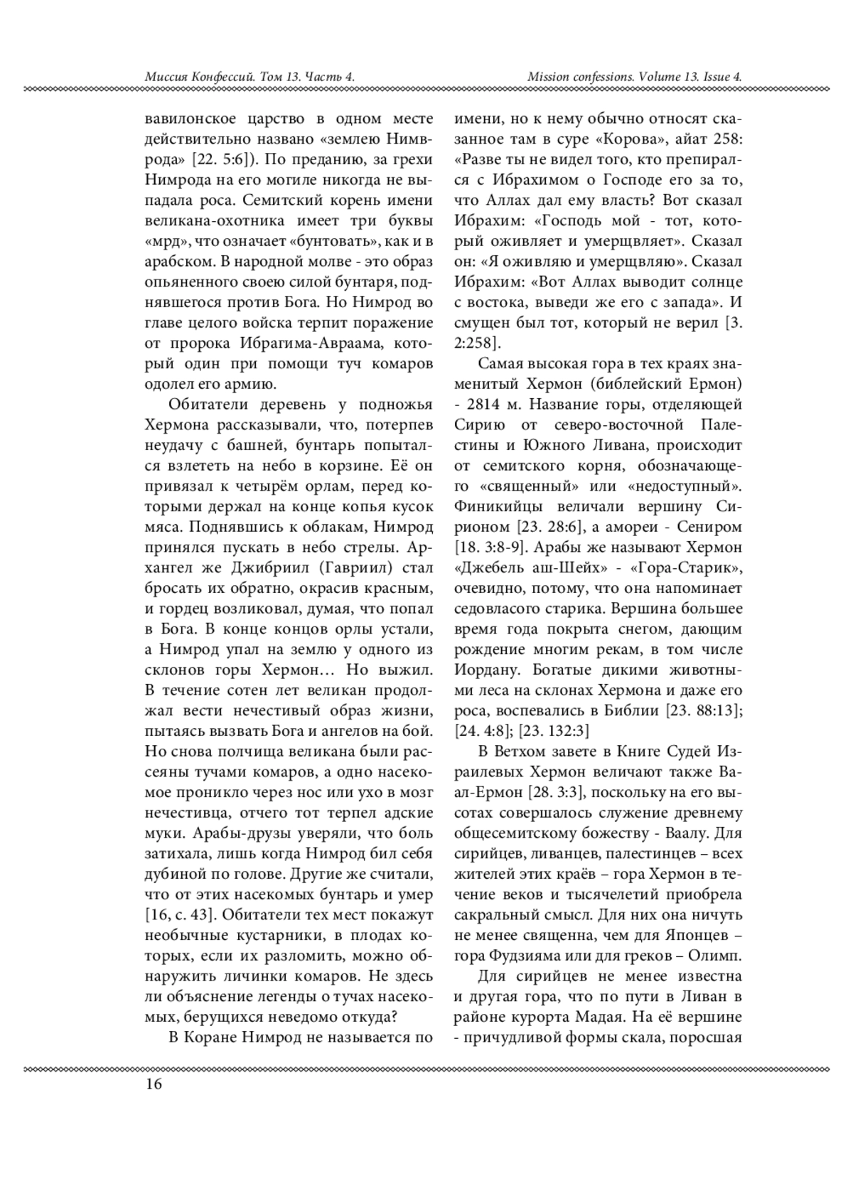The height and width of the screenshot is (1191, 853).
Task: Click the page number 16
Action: click(154, 1084)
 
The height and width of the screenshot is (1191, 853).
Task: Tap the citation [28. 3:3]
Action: click(557, 792)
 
